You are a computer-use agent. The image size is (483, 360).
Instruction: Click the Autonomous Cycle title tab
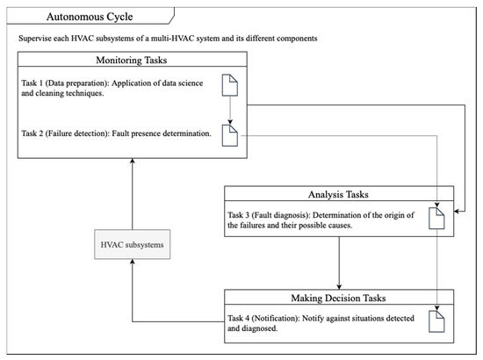tap(90, 16)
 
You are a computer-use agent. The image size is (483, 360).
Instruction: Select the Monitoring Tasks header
tap(132, 60)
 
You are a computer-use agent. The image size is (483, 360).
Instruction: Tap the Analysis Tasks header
tap(339, 194)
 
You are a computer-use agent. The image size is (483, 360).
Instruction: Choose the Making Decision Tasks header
tap(339, 298)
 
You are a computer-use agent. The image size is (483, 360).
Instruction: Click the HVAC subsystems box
tap(132, 244)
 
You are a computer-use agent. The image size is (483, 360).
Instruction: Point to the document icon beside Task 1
tap(230, 85)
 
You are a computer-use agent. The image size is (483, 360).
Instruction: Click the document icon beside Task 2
tap(230, 135)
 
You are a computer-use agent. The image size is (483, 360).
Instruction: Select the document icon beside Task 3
tap(436, 219)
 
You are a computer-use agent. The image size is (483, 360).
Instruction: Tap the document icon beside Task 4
tap(436, 321)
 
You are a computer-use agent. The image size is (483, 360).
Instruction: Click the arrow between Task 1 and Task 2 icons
tap(230, 111)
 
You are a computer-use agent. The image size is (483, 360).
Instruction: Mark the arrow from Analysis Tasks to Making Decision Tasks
tap(339, 263)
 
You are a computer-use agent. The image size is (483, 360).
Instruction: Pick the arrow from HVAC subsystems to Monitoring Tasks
tap(133, 194)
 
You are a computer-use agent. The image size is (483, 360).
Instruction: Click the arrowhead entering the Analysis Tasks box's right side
tap(457, 212)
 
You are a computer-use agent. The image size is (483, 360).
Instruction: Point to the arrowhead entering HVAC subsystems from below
tap(133, 262)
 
